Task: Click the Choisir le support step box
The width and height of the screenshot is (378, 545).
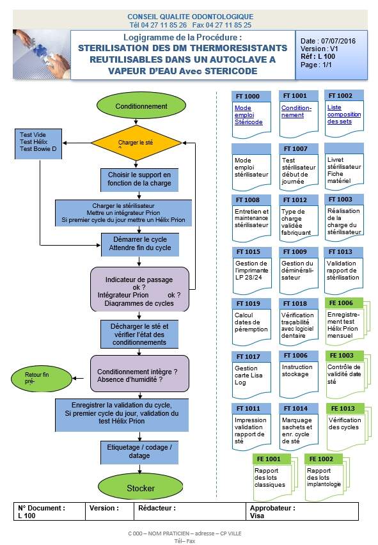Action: coord(139,179)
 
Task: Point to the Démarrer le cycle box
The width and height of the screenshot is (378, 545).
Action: coord(139,244)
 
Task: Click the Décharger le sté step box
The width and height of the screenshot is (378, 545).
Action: coord(139,334)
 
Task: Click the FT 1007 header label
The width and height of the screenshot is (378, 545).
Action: coord(295,148)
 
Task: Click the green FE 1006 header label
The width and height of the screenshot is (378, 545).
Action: coord(341,303)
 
